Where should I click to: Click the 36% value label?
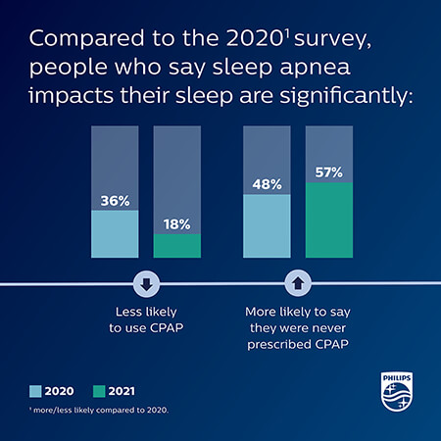tap(114, 202)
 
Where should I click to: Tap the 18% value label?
tap(176, 224)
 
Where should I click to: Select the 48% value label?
tap(267, 184)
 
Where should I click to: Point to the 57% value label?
tap(329, 172)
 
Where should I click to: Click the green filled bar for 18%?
tap(176, 246)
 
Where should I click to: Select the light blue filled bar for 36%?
tap(114, 234)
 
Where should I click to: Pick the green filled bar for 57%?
tap(329, 220)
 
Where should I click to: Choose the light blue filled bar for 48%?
tap(267, 226)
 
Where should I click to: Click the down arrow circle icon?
tap(145, 285)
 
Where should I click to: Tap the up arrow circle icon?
tap(298, 285)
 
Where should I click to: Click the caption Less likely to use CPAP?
tap(145, 319)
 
